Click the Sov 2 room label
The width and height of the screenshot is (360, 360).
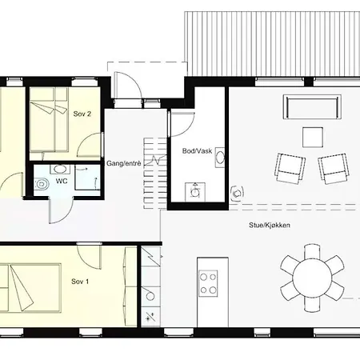point(82,114)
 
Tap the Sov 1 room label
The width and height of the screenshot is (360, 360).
point(80,282)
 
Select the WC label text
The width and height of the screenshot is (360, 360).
point(62,181)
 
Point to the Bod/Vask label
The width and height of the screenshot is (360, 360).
point(197,151)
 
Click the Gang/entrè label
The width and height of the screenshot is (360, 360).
point(123,163)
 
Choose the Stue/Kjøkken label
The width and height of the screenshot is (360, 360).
point(270,225)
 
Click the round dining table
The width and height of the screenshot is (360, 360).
point(312,278)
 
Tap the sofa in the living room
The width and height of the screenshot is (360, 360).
point(312,106)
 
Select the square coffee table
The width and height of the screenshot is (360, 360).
point(313,137)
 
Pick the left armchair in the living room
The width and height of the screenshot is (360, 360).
point(290,168)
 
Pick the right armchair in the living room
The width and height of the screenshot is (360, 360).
point(334,169)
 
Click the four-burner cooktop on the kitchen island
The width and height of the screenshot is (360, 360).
point(208,283)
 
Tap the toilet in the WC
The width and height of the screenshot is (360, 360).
point(42,184)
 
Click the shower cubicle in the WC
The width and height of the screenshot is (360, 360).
point(87,178)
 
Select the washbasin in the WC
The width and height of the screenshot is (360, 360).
point(60,169)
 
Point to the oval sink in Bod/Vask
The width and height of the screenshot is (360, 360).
point(220,158)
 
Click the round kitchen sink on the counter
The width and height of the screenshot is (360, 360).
point(150,296)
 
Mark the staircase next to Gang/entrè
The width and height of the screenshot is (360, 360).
point(155,173)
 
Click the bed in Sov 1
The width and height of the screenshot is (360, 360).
point(30,288)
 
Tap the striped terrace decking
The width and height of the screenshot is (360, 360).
point(272,44)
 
